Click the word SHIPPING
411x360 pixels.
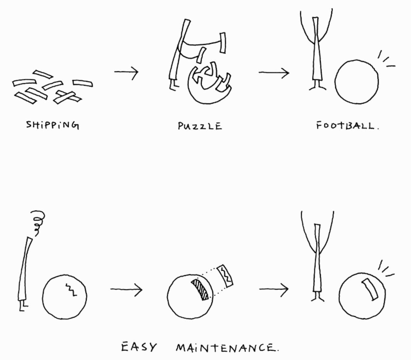(52, 125)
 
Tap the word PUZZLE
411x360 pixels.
(200, 126)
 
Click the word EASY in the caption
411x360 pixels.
(139, 347)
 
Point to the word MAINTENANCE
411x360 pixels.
(227, 348)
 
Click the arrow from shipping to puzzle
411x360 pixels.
(126, 71)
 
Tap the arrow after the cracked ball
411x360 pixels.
(126, 290)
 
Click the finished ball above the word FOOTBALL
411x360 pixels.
(356, 81)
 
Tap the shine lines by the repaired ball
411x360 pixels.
(386, 269)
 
